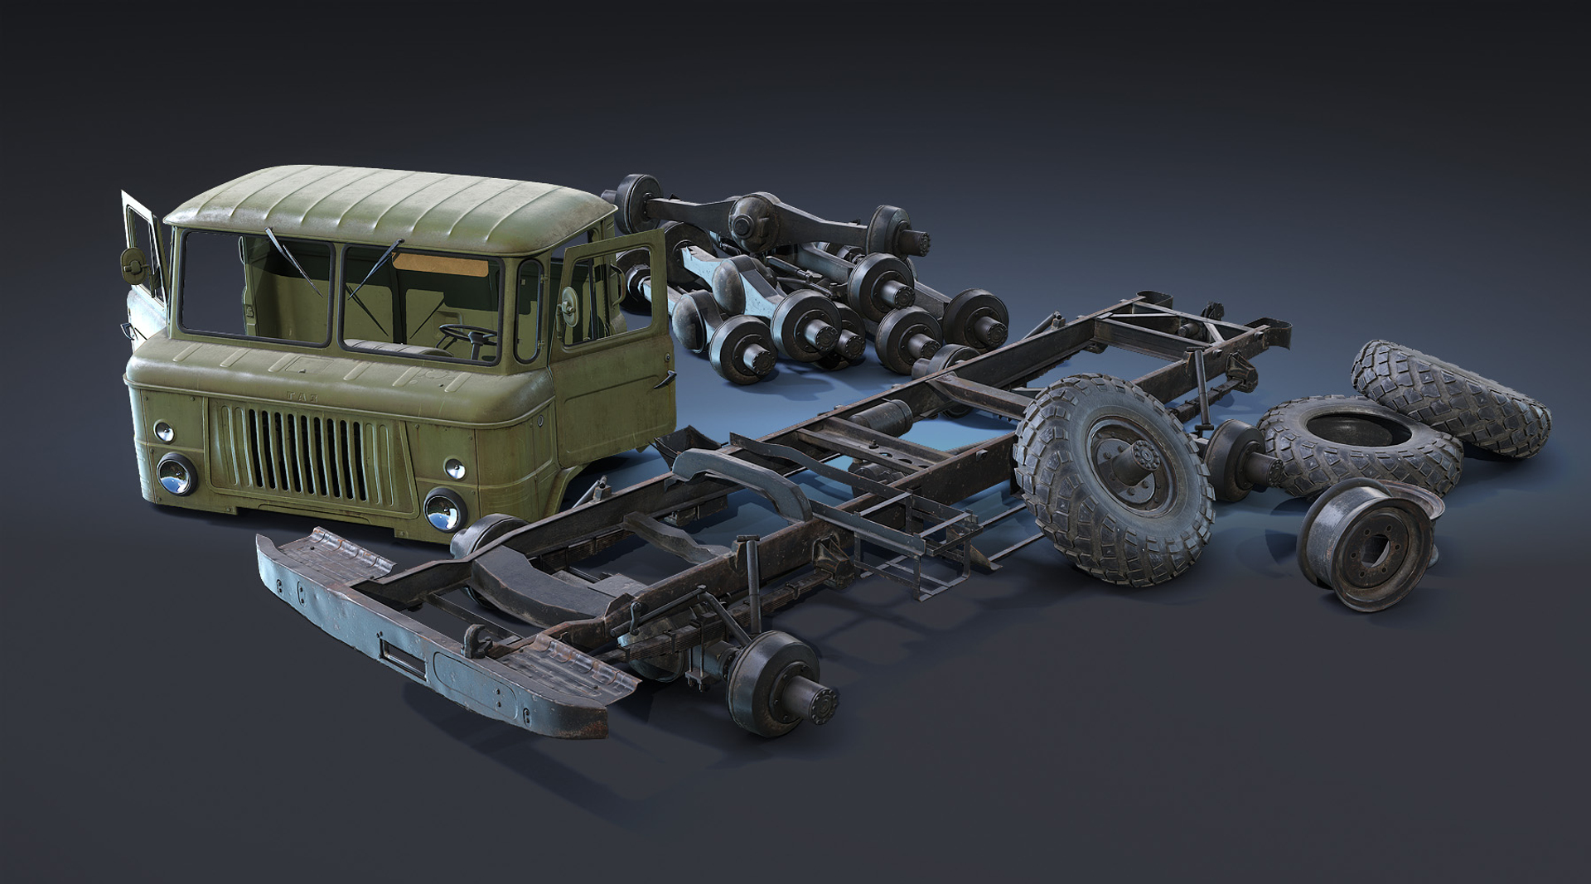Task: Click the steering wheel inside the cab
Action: (467, 335)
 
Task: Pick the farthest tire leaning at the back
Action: (1450, 398)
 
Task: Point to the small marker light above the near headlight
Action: (454, 469)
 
